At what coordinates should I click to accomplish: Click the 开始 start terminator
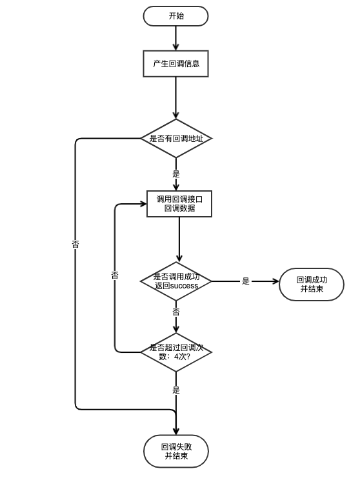(175, 16)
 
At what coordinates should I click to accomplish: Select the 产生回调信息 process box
(175, 64)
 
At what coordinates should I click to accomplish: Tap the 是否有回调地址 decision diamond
(176, 138)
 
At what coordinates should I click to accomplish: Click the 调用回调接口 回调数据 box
(179, 204)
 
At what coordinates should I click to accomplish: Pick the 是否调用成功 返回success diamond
(176, 281)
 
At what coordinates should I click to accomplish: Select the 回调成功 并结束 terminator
(312, 285)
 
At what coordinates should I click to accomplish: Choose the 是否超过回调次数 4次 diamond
(176, 352)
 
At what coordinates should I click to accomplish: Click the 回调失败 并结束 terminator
(176, 451)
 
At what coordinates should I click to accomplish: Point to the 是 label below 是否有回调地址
(176, 174)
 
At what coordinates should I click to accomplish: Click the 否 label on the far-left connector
(75, 245)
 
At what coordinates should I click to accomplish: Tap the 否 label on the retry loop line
(115, 275)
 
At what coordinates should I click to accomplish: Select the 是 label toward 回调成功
(246, 281)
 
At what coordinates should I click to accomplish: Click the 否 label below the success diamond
(176, 312)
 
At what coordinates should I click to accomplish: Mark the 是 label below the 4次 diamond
(176, 390)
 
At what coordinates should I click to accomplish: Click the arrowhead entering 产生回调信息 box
(175, 47)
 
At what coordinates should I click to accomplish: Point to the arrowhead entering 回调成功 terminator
(275, 281)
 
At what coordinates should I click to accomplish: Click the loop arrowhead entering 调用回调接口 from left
(143, 204)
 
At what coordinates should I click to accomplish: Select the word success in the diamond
(184, 286)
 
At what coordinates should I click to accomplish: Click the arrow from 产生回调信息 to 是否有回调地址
(175, 98)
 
